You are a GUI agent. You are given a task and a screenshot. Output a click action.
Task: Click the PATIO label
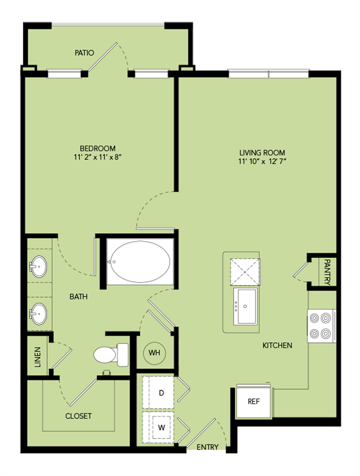84,53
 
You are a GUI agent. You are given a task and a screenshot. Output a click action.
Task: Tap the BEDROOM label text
97,149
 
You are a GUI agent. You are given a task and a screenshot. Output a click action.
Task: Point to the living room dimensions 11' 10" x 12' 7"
262,161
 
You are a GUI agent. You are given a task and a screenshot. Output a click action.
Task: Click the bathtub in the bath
140,262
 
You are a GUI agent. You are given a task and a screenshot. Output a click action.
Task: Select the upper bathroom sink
38,267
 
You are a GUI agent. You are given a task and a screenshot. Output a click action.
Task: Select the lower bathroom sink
38,314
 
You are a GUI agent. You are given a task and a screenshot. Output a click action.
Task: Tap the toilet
111,355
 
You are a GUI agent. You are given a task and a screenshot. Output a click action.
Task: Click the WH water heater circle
154,353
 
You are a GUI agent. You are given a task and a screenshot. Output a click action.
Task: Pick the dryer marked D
158,392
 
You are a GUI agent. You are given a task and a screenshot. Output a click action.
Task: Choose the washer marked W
158,428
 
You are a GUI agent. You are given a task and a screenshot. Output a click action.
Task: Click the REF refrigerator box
253,402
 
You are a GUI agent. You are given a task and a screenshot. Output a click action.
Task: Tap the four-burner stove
322,326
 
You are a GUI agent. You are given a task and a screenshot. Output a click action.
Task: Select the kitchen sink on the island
245,306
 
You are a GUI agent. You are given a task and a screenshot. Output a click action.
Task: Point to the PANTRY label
327,272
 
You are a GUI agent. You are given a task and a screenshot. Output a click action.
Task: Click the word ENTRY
208,447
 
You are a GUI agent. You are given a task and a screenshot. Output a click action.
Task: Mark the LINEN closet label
37,357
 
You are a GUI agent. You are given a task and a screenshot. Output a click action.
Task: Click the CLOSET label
78,416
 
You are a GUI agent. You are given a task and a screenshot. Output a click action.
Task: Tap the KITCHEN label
277,345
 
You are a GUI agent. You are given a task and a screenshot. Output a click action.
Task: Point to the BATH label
79,297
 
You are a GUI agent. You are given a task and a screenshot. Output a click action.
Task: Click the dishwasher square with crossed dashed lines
245,271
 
